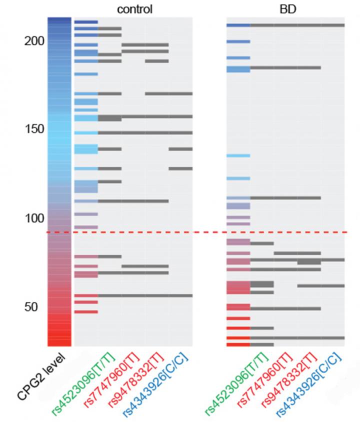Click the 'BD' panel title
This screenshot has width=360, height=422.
pos(285,9)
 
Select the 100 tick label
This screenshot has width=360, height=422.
pos(34,218)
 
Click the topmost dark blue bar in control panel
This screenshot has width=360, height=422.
pos(86,22)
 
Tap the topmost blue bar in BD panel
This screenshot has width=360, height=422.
pos(238,25)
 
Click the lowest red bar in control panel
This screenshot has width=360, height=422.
pos(86,311)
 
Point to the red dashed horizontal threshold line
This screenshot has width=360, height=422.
pos(200,232)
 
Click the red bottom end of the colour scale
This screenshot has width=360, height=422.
pos(59,340)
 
